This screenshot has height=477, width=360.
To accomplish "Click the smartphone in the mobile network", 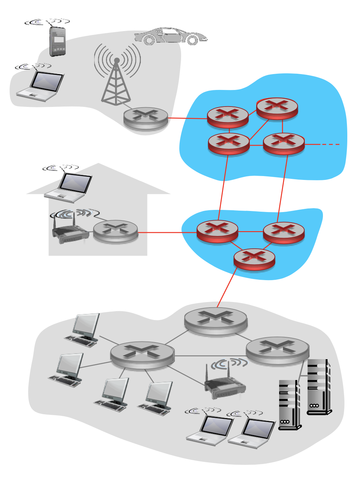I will coord(58,41).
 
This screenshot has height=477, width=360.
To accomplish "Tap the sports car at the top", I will coord(170,36).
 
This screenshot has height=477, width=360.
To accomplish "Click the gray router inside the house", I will coord(115,231).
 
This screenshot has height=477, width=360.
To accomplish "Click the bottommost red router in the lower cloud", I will coord(254,259).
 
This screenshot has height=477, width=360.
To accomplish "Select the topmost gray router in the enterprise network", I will coord(216,320).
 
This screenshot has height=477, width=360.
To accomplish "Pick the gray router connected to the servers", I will coord(277,350).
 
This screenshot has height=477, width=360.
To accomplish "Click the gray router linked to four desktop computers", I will coord(142,355).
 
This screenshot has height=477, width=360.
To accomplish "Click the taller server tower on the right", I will coord(318,387).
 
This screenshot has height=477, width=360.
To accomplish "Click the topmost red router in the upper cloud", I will coord(277,108).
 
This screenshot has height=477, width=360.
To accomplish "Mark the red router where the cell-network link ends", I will coord(228,117).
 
